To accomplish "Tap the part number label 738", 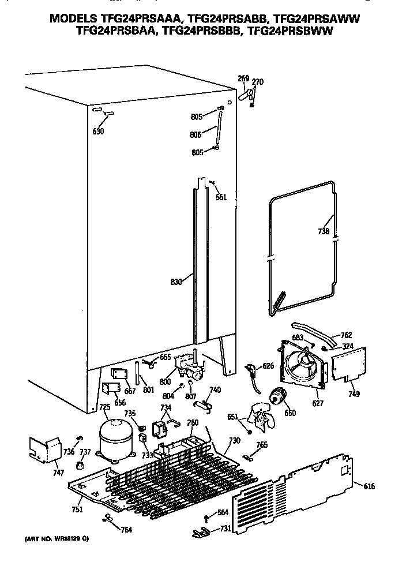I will point(324,232).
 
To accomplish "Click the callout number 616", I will point(369,487).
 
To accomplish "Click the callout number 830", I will point(176,282).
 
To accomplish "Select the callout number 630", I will point(98,132).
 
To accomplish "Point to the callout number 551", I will point(221,197).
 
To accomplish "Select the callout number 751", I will point(77,509).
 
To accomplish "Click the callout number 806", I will point(195,134).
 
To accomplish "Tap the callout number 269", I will point(243,79).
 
